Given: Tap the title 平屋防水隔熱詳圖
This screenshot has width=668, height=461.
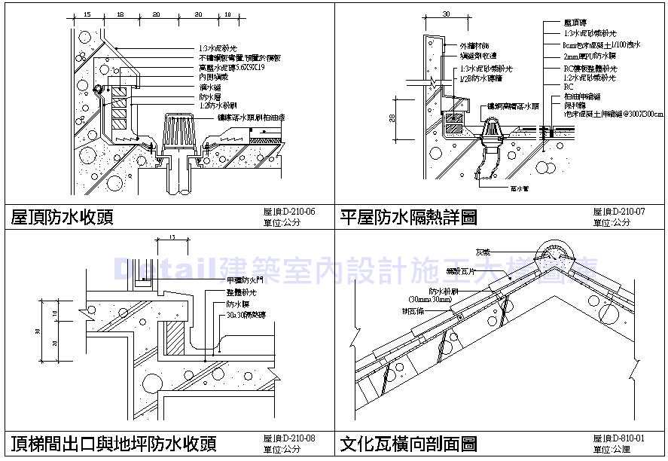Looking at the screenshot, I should pos(407,218).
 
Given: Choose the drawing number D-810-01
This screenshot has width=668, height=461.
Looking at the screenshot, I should pos(619,438).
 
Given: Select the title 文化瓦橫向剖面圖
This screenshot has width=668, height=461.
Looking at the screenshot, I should pos(407,442).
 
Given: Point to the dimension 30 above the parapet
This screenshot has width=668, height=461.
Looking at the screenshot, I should pos(446,14).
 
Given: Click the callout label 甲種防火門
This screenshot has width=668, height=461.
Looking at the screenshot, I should pos(241,279).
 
